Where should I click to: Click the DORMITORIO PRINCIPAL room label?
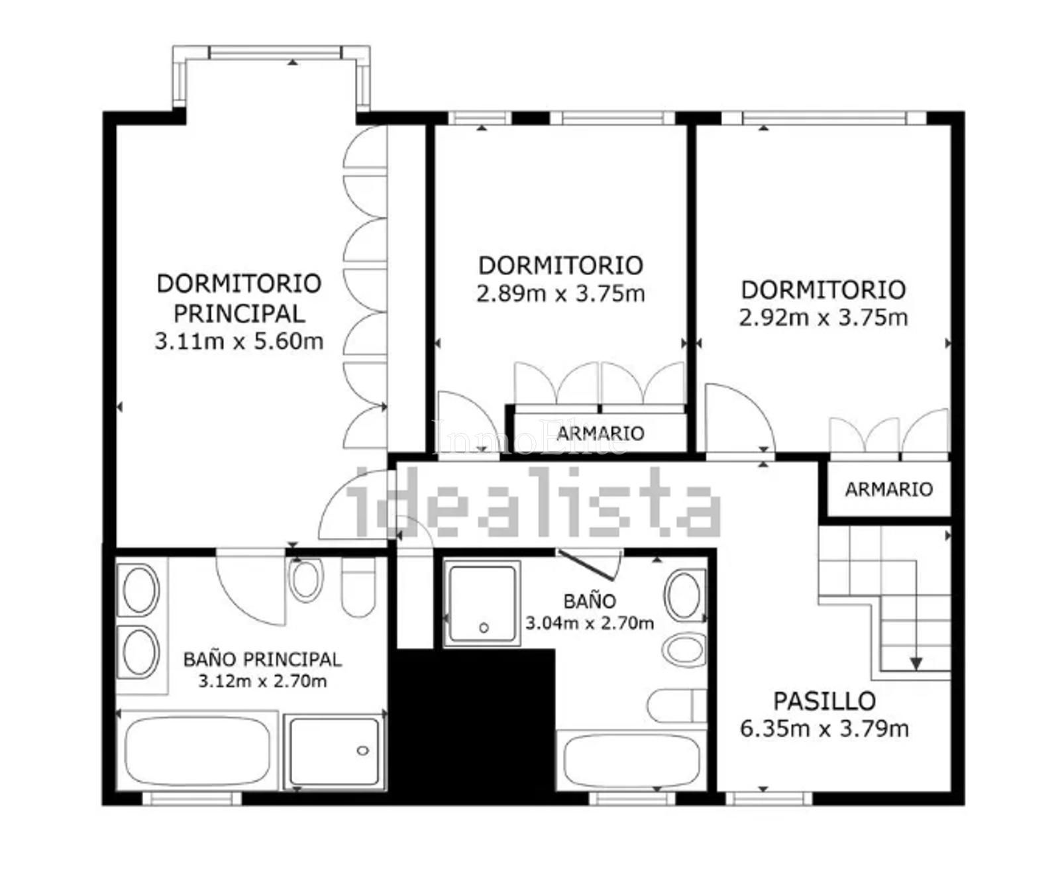coord(239,297)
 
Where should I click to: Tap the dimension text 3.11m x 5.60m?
coord(239,341)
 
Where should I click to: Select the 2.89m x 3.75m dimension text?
coord(560,293)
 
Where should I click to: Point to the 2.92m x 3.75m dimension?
coord(823,317)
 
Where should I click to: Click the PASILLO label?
coord(825,701)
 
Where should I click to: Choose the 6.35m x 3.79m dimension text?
coord(824,729)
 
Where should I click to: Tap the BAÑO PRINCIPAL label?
coord(262,659)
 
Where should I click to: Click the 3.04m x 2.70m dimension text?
coord(590,623)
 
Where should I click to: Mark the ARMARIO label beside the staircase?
coord(888,489)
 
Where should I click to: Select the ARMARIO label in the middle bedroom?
coord(600,433)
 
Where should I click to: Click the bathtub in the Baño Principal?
coord(197,750)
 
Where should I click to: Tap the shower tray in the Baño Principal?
coord(335,751)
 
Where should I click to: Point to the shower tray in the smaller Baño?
coord(482,603)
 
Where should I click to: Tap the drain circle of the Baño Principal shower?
coord(362,750)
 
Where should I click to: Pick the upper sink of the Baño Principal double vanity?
coord(140,589)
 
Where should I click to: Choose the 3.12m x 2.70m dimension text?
coord(262,681)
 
